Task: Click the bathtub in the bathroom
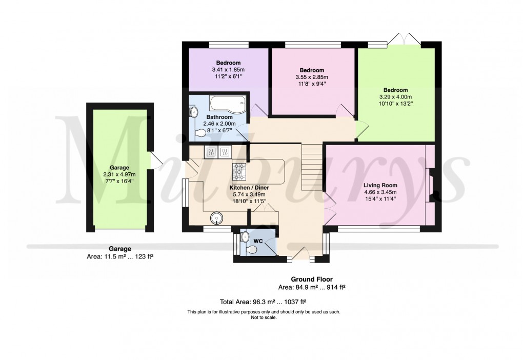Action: (228, 104)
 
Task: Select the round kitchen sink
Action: (216, 218)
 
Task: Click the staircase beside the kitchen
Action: (312, 167)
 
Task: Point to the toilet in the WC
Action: (251, 250)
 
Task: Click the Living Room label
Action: (380, 185)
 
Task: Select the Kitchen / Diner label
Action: (249, 188)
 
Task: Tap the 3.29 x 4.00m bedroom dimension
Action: (396, 97)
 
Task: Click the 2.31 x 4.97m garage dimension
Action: (119, 174)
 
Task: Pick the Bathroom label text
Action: (219, 117)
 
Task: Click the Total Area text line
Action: (263, 302)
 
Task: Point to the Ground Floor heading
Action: (312, 279)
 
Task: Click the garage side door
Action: (156, 160)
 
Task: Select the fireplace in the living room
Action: (430, 185)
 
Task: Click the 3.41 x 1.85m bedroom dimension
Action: (228, 70)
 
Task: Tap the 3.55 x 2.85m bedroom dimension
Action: (312, 77)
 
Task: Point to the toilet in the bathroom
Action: (200, 133)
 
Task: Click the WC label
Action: (258, 241)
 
